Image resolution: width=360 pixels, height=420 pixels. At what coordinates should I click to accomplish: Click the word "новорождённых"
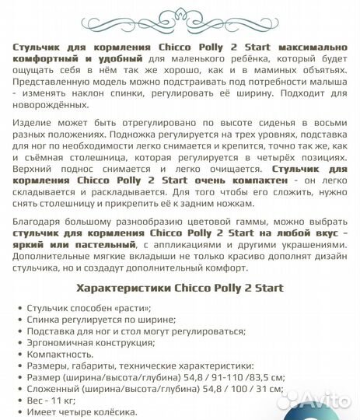point(52,104)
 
